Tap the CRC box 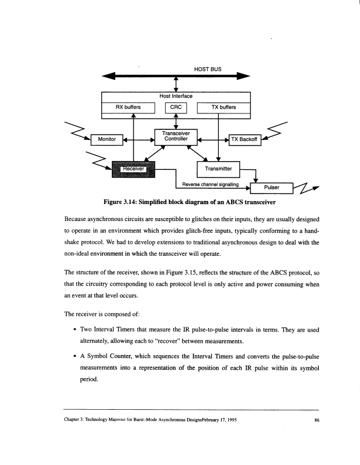coord(175,108)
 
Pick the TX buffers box coord(224,108)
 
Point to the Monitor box coord(106,139)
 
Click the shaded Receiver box coord(132,169)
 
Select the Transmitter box coord(219,169)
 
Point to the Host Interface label coord(176,96)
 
